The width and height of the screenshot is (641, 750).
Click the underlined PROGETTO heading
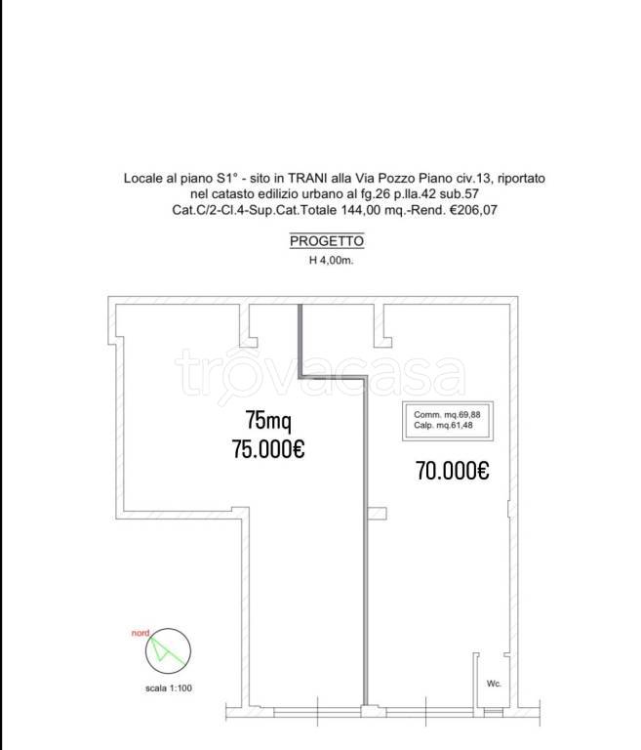pyautogui.click(x=327, y=241)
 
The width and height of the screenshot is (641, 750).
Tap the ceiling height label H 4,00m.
pyautogui.click(x=332, y=261)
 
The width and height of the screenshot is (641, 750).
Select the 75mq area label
pyautogui.click(x=268, y=421)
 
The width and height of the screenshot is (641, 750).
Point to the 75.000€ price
pyautogui.click(x=268, y=449)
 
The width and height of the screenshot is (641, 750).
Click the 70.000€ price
pyautogui.click(x=452, y=471)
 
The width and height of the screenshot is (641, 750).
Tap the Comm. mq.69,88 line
pyautogui.click(x=447, y=415)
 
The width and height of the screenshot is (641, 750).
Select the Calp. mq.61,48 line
pyautogui.click(x=443, y=425)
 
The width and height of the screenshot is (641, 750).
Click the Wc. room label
pyautogui.click(x=494, y=684)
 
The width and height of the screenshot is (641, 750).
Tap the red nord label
pyautogui.click(x=140, y=633)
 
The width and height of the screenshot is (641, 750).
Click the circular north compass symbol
pyautogui.click(x=168, y=651)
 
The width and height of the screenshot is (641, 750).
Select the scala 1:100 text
pyautogui.click(x=169, y=688)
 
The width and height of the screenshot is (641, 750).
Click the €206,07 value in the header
pyautogui.click(x=473, y=210)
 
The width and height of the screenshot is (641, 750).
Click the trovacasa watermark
pyautogui.click(x=320, y=375)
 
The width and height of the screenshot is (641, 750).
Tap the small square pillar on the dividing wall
pyautogui.click(x=378, y=513)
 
